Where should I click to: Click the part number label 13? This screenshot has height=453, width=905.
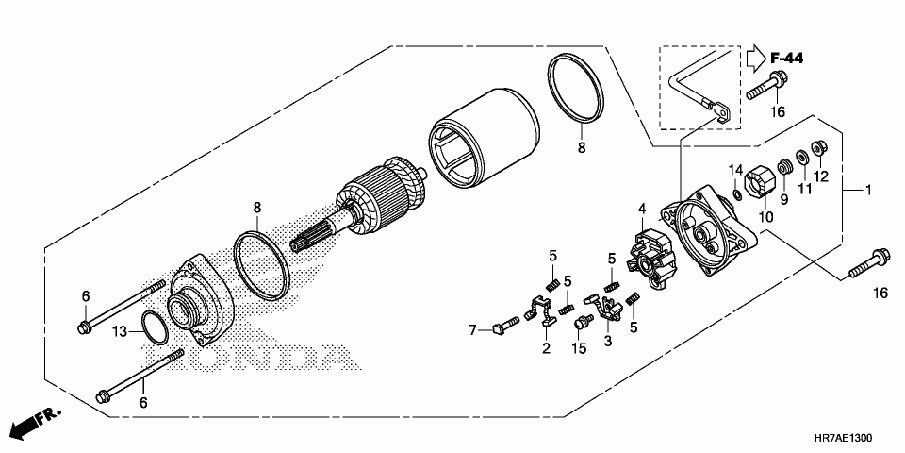(x=120, y=330)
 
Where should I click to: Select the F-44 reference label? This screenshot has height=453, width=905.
(x=785, y=59)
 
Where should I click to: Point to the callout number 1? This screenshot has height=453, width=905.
(x=868, y=192)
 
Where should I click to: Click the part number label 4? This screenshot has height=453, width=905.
(x=641, y=209)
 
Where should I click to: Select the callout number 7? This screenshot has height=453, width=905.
(x=474, y=329)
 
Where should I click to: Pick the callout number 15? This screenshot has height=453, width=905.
(x=579, y=348)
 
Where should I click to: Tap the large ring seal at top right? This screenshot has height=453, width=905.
(x=575, y=90)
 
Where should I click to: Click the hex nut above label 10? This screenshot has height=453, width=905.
(x=759, y=180)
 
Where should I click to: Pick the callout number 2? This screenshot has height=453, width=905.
(x=546, y=348)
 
